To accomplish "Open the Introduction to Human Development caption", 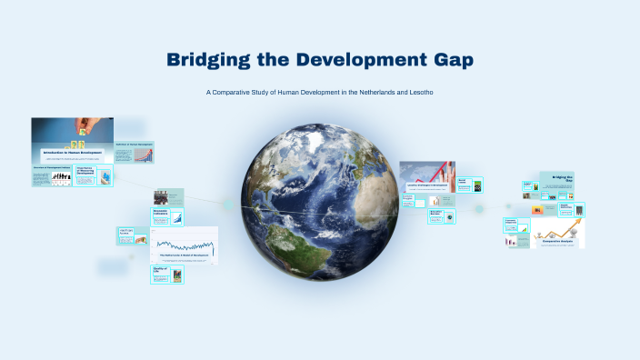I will coord(72,152).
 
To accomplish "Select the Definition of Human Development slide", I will coord(135,152).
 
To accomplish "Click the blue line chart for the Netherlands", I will coord(185,244).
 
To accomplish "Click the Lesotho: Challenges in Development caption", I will coord(427,185).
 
